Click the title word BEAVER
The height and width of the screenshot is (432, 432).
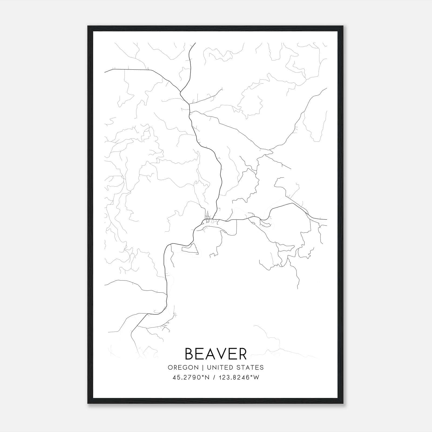point(216,354)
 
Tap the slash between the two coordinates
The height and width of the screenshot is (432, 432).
point(214,377)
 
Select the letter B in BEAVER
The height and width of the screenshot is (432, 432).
point(190,354)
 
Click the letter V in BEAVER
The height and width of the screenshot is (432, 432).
point(221,354)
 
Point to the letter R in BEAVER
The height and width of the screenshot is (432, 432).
point(242,354)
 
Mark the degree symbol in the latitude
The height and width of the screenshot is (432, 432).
point(205,376)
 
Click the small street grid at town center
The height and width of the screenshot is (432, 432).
point(207,218)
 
